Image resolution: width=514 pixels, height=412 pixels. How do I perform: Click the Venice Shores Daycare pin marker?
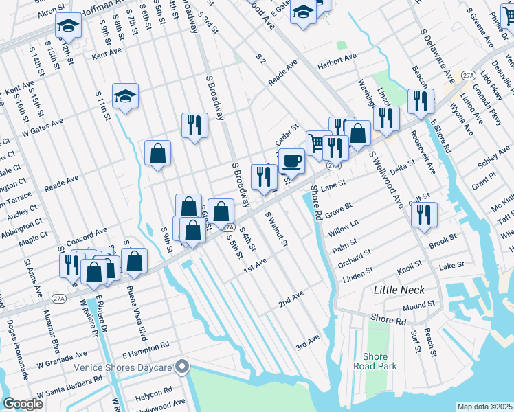click(x=182, y=367)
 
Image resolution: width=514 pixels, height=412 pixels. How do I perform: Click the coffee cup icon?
click(x=292, y=161)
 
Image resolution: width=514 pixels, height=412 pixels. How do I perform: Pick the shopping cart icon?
click(x=317, y=143)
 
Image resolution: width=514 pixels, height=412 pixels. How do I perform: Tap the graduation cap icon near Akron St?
click(x=68, y=26)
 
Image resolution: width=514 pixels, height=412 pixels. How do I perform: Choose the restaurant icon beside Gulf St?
click(x=424, y=213)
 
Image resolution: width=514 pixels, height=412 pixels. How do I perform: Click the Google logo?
click(x=23, y=404)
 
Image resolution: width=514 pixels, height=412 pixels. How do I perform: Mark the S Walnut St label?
click(x=276, y=229)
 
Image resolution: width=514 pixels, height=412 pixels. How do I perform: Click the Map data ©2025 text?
click(x=485, y=407)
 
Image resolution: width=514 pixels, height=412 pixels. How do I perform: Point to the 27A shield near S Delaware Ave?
click(x=469, y=74)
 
